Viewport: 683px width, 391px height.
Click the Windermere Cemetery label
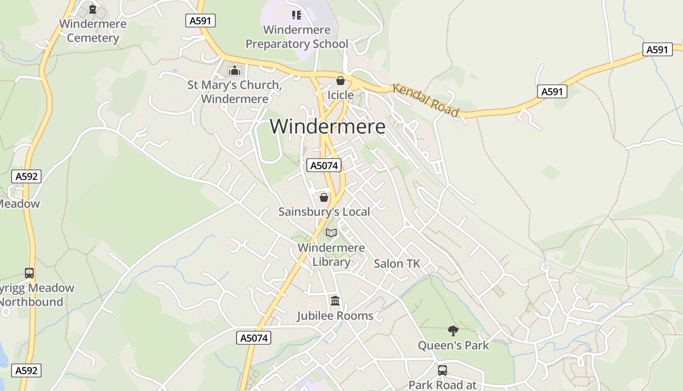point(93,31)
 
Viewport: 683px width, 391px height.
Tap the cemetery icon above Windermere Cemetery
point(93,9)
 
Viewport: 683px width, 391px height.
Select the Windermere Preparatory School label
point(297,37)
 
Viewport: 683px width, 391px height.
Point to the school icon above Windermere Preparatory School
point(296,15)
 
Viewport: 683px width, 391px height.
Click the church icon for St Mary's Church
point(235,70)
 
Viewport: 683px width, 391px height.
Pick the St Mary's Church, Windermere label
point(235,92)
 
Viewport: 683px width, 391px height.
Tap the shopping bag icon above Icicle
point(340,81)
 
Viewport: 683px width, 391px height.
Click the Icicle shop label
point(340,95)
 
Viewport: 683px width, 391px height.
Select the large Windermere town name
point(327,127)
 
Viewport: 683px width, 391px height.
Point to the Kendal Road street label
point(425,101)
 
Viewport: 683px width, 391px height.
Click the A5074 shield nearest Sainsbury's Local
point(324,166)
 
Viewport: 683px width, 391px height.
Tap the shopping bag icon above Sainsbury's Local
point(323,197)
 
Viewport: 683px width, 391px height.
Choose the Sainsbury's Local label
point(324,212)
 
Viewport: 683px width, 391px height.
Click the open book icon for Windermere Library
point(331,233)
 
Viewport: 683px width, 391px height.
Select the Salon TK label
point(397,264)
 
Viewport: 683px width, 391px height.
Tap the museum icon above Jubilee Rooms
point(335,301)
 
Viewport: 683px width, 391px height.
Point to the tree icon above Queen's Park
point(453,331)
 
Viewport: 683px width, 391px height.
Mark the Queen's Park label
point(453,346)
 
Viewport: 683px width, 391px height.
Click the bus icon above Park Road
point(442,370)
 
